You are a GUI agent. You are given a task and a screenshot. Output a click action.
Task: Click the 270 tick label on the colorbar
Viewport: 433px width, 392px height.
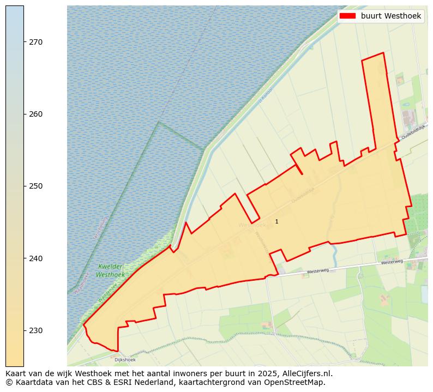click(35, 42)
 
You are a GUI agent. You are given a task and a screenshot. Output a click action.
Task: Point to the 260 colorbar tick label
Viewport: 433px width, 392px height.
click(35, 114)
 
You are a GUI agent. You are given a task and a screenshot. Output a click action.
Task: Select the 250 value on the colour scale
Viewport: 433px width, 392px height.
click(35, 186)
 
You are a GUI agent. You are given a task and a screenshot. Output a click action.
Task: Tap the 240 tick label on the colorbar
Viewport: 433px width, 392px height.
click(35, 258)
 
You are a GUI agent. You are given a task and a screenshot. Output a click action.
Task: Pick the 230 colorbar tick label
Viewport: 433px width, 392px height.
click(35, 330)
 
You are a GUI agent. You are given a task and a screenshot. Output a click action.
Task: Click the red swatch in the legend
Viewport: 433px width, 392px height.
click(347, 16)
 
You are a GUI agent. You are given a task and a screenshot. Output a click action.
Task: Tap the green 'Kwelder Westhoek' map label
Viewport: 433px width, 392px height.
click(110, 271)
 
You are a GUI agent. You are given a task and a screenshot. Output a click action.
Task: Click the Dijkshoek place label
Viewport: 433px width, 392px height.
click(125, 360)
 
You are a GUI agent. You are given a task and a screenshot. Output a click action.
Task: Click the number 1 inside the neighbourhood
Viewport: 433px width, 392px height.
click(276, 221)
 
